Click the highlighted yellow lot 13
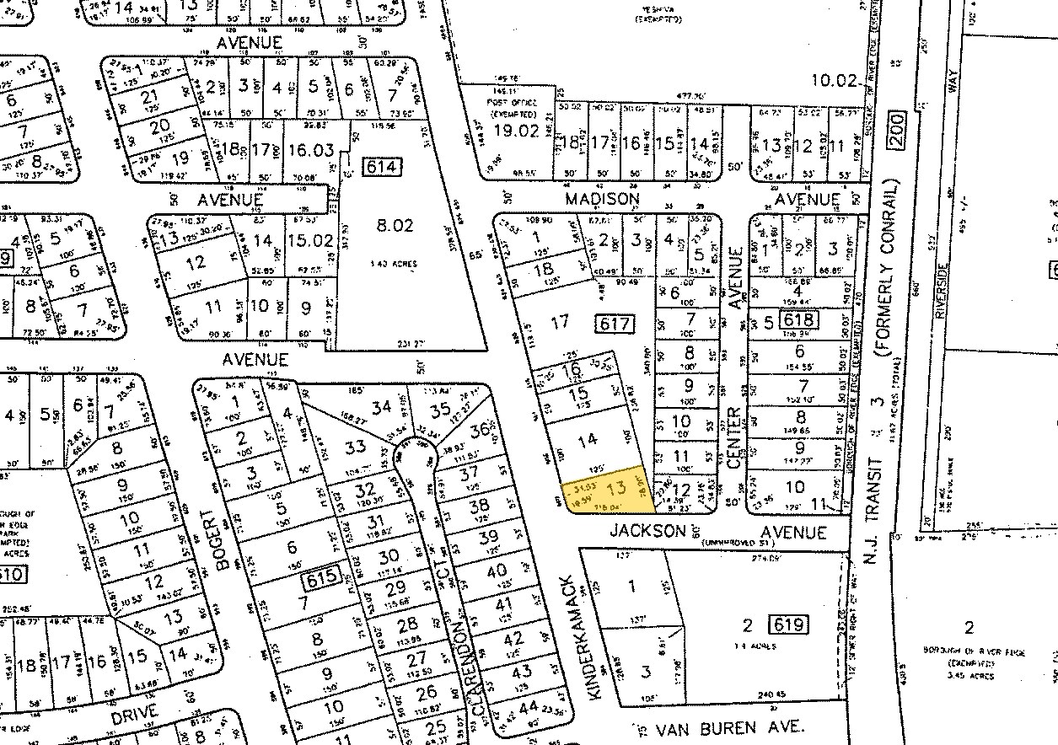[609, 489]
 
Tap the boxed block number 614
[381, 167]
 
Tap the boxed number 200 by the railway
[894, 133]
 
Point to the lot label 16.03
[310, 150]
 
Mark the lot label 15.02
[311, 240]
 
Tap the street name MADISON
[602, 199]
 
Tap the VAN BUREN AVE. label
[721, 726]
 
